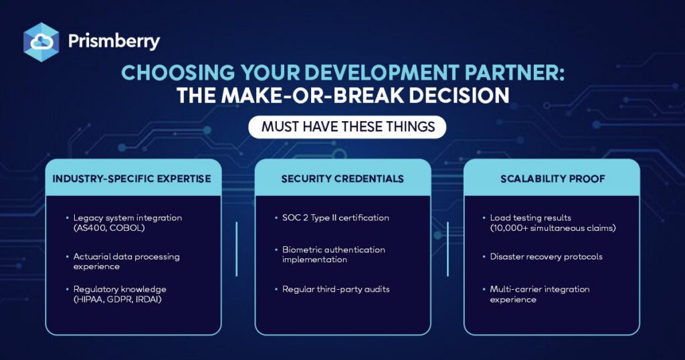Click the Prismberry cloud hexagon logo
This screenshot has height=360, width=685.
(x=41, y=42)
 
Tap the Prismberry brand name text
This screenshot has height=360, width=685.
(x=114, y=41)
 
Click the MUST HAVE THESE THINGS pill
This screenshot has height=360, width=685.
(x=347, y=127)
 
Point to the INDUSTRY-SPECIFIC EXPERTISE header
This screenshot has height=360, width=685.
(x=132, y=179)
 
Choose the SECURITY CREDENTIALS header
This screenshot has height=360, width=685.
(x=342, y=179)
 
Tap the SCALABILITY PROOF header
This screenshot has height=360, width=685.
(x=553, y=179)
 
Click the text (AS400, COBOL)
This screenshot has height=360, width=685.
(x=109, y=228)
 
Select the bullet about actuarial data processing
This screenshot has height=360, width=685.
(x=123, y=261)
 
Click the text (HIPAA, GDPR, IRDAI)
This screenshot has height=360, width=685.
(x=117, y=300)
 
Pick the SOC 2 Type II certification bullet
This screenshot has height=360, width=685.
(x=332, y=217)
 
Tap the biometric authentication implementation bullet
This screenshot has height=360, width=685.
(x=330, y=254)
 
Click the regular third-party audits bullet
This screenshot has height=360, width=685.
(x=332, y=289)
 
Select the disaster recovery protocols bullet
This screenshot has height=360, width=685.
(x=543, y=256)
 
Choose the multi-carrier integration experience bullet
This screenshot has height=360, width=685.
(x=536, y=294)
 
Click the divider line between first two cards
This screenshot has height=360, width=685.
(x=237, y=249)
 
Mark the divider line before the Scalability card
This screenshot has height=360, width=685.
(x=448, y=249)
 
